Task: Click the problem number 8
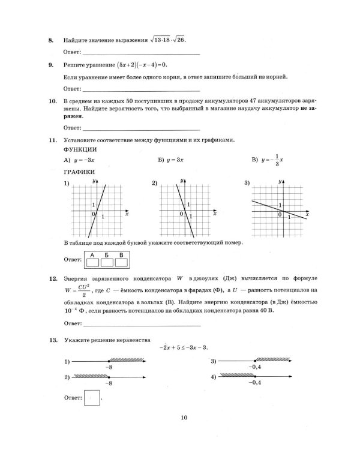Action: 50,40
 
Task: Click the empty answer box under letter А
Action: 92,262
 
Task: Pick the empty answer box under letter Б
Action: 107,262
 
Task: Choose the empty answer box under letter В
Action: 122,262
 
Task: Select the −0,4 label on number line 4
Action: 256,382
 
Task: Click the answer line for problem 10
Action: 142,128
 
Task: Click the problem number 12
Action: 52,279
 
